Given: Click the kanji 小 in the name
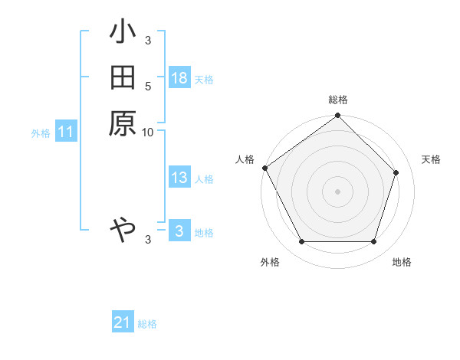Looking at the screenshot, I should point(123,33).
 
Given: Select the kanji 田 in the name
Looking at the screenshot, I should point(123,78).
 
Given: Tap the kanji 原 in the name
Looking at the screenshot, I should point(123,123).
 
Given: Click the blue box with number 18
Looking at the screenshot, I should point(179,78).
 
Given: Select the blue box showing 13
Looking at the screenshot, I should point(179,178).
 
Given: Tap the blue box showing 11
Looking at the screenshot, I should point(66,133).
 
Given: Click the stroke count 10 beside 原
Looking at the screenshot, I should point(148,132).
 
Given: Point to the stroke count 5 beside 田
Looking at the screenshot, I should point(148,86).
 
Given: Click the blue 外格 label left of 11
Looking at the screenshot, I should point(41,133).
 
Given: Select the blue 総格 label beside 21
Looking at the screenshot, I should point(147,324).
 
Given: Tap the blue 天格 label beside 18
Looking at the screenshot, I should point(204,79).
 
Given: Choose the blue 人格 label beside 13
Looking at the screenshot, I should point(204,179).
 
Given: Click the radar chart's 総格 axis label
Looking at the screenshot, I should point(338,100).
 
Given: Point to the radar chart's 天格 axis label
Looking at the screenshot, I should point(431,159).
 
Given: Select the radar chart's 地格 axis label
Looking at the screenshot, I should point(402,262).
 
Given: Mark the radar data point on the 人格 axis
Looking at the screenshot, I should point(265,168).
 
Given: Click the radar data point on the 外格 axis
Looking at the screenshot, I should point(301,242).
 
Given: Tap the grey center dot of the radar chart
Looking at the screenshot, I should point(338,191).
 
